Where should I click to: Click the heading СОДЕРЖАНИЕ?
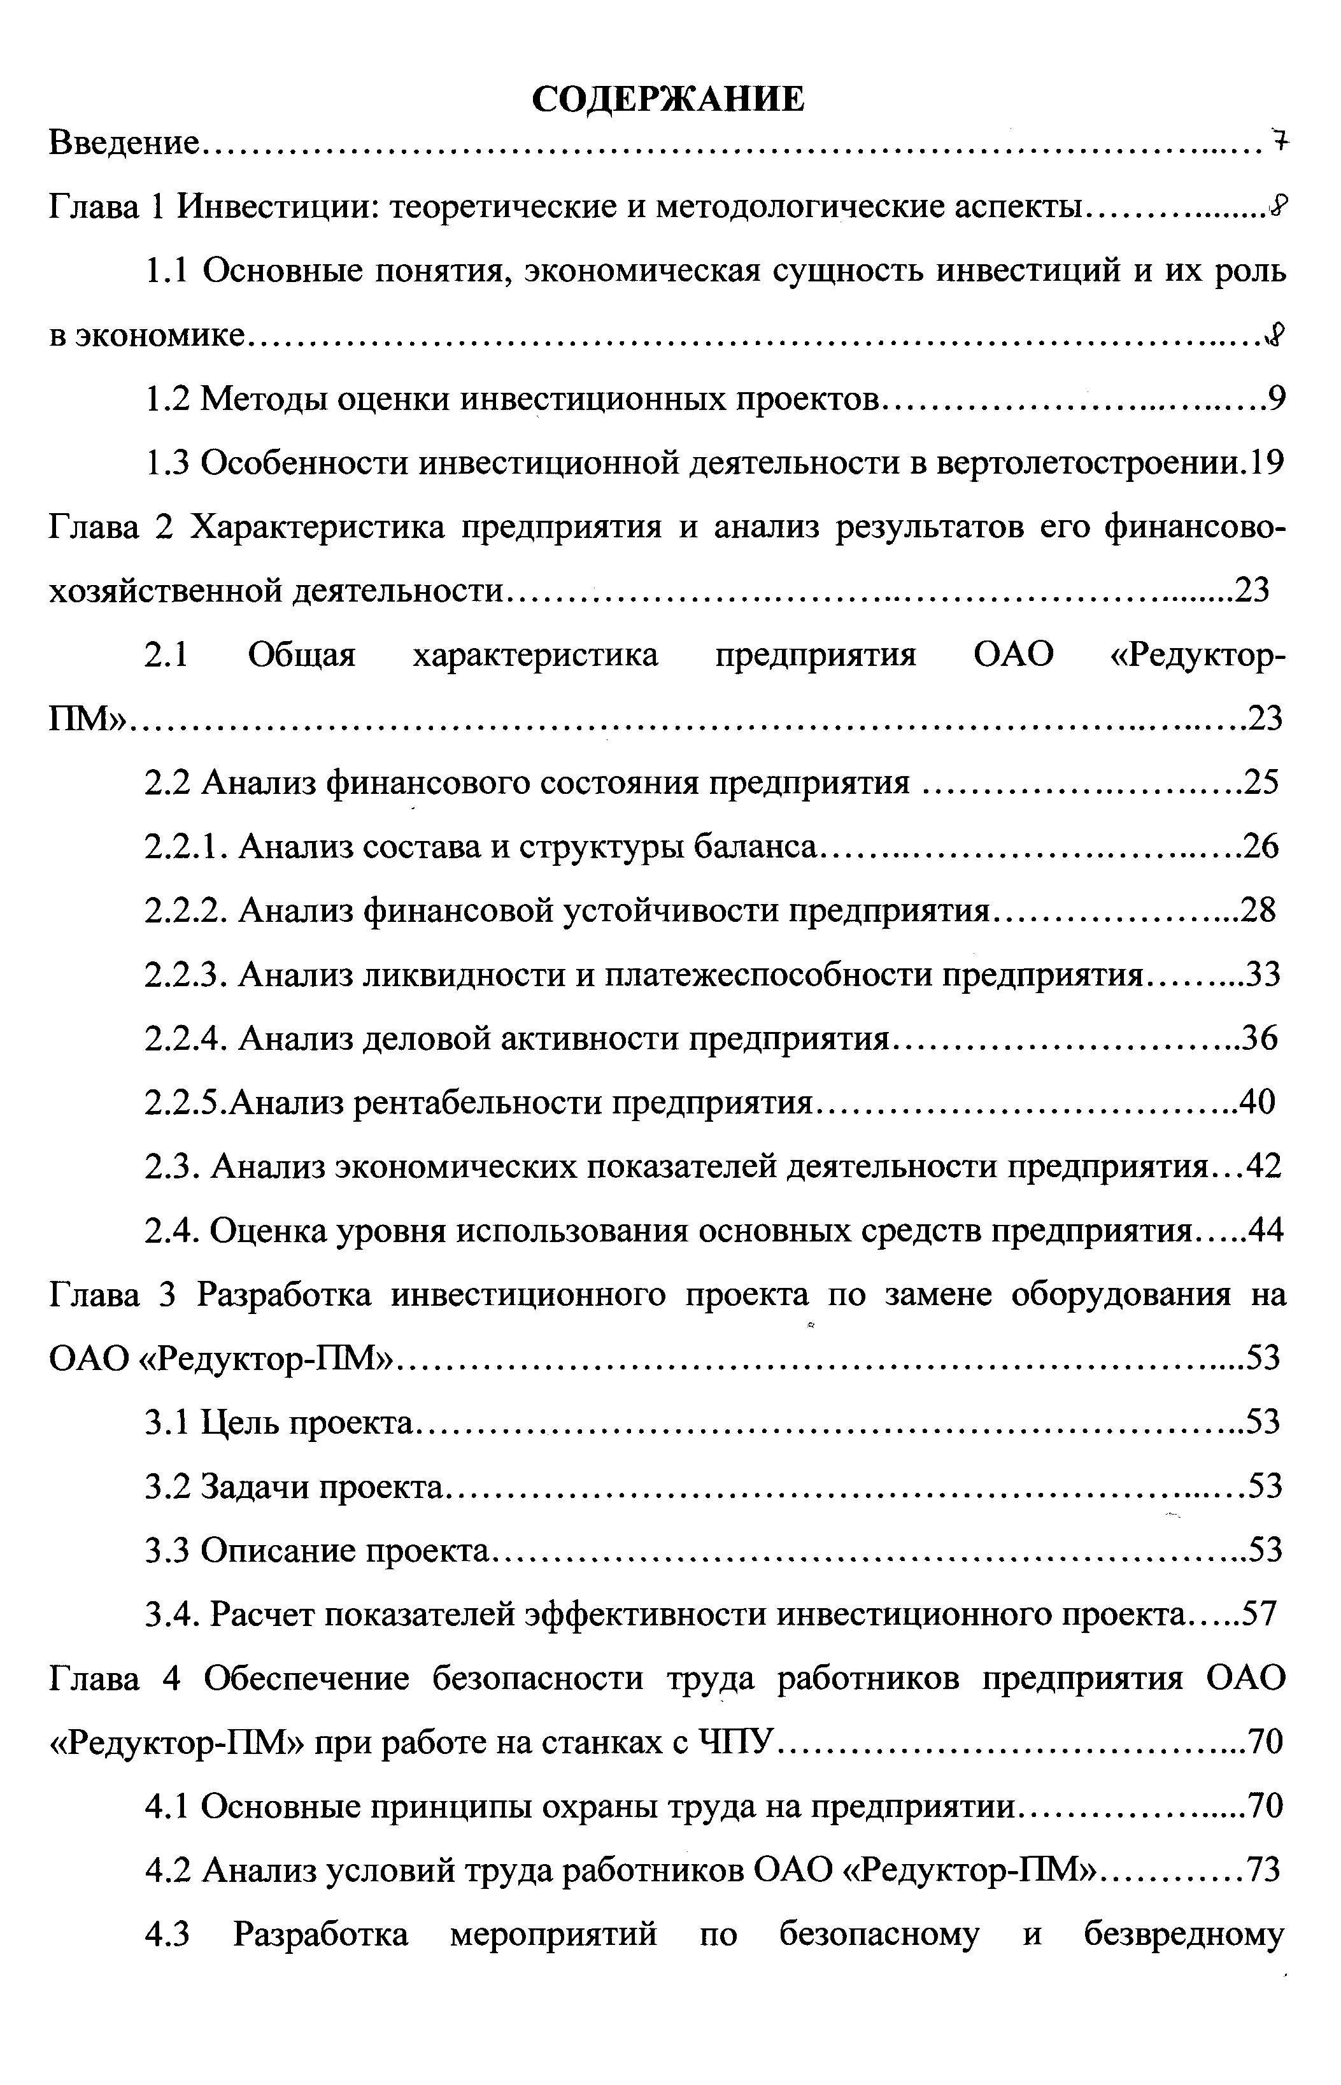[x=668, y=100]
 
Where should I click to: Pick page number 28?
[x=1258, y=910]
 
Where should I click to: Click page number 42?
[x=1265, y=1166]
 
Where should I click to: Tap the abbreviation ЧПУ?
[x=737, y=1744]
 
